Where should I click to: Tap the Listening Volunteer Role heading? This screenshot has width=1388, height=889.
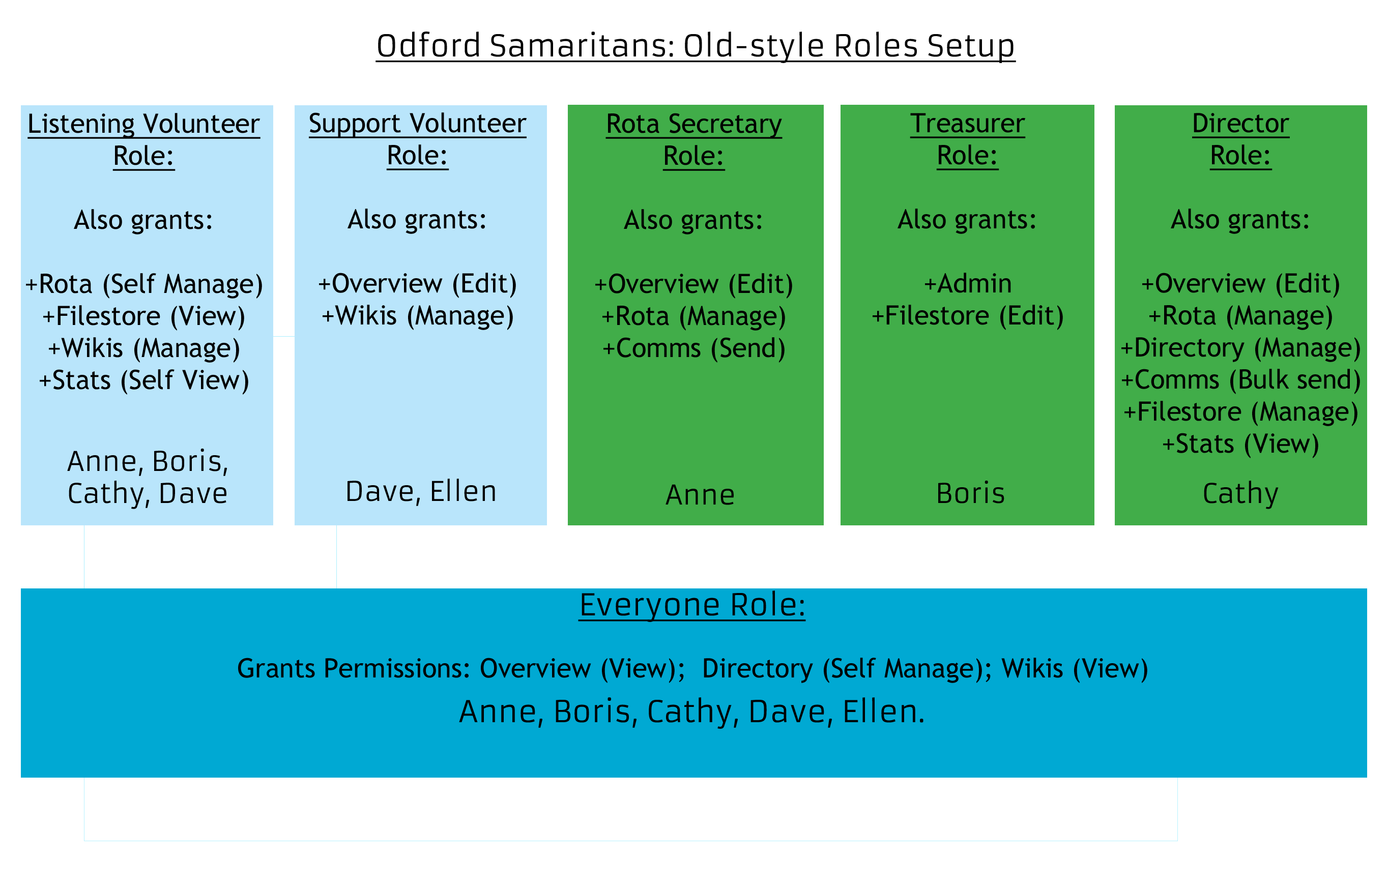click(144, 140)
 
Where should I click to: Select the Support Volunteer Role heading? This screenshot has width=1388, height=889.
click(417, 139)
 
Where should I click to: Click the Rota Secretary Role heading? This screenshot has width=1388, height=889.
click(694, 140)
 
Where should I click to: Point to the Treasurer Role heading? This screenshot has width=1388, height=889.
click(967, 139)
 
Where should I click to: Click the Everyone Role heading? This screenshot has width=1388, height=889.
click(692, 606)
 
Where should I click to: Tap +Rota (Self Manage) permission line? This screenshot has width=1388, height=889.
click(144, 284)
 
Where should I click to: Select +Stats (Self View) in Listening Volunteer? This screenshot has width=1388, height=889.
click(144, 380)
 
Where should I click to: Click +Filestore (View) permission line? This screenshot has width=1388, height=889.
click(144, 316)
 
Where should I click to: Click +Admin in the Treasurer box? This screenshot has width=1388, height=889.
click(968, 283)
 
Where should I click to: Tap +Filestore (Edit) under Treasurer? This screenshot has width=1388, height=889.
click(968, 316)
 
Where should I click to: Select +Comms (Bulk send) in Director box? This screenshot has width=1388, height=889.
click(1241, 380)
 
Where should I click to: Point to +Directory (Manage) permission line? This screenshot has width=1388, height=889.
click(1241, 348)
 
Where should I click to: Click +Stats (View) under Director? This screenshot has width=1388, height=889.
click(1241, 444)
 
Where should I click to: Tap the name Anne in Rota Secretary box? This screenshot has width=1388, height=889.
click(700, 495)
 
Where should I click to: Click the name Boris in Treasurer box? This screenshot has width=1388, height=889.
click(971, 493)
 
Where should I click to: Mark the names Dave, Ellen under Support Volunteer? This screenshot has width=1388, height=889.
click(421, 492)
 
